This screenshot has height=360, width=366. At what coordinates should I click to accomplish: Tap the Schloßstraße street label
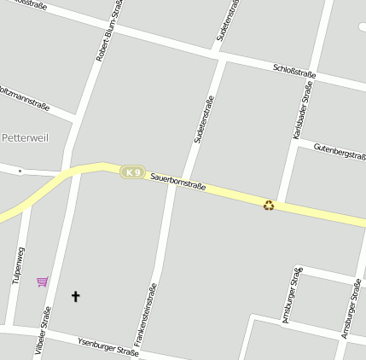294,72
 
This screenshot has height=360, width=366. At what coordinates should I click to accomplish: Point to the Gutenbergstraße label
340,153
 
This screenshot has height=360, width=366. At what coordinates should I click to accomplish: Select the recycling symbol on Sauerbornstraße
269,205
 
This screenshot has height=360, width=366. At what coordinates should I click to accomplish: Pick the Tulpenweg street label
17,265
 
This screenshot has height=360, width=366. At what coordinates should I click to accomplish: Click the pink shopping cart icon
42,282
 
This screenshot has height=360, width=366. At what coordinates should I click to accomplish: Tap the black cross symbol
75,297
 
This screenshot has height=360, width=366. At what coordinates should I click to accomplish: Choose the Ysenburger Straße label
107,345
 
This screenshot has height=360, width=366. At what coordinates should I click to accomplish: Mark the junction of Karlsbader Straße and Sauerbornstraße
282,202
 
